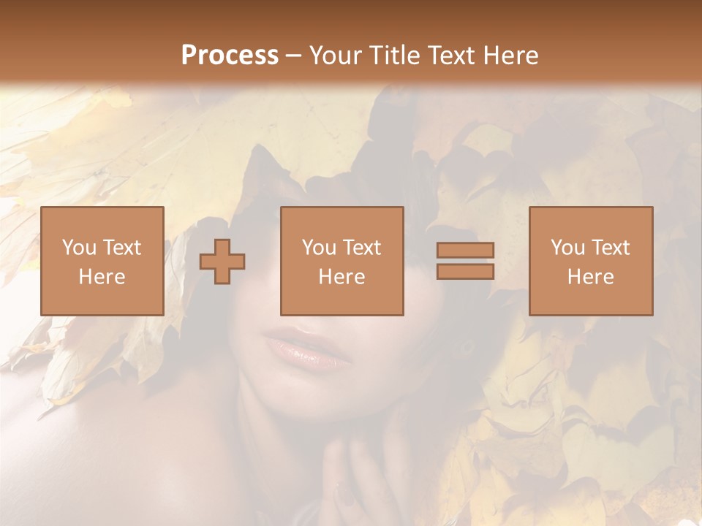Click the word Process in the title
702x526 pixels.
230,56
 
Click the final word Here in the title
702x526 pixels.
512,56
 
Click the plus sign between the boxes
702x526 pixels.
222,262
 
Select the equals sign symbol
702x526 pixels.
465,261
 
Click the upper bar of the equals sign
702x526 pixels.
465,251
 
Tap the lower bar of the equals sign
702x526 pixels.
465,271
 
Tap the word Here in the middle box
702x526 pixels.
341,277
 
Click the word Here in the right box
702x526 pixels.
590,277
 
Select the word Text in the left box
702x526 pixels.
121,248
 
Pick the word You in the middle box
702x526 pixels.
318,248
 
